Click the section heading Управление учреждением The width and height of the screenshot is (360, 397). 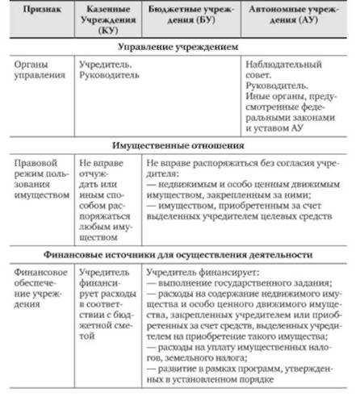click(x=179, y=48)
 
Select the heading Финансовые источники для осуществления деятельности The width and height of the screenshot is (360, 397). click(x=179, y=254)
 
